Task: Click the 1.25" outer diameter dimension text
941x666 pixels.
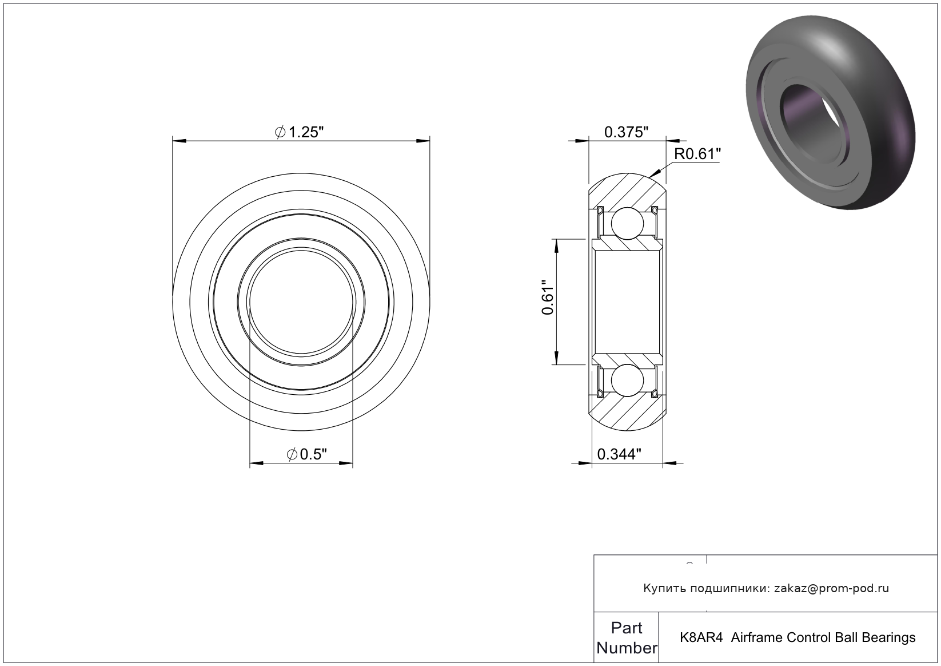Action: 299,132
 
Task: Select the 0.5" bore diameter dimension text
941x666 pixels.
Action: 306,454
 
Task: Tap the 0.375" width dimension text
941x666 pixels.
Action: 627,132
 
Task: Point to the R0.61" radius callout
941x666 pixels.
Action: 697,154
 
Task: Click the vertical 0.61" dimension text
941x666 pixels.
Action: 548,298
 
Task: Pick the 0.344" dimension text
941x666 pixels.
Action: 619,454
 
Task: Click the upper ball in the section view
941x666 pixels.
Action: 627,223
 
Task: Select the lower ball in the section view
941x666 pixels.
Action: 627,380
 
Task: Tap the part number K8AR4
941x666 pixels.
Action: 701,637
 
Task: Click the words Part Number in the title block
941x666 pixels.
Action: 627,638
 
